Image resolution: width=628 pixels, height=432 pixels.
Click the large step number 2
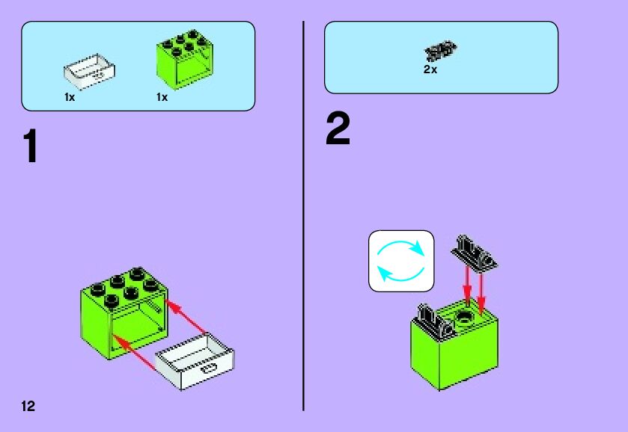338,130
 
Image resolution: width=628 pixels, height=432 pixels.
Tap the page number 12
28,407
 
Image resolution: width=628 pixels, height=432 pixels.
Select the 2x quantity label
430,70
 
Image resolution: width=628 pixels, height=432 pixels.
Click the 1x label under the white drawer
70,97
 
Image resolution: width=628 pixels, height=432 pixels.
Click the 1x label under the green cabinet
162,97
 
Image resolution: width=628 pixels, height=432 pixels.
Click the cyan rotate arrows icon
401,260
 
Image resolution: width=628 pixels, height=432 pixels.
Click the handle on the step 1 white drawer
208,368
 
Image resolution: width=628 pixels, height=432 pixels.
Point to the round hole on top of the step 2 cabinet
465,318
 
